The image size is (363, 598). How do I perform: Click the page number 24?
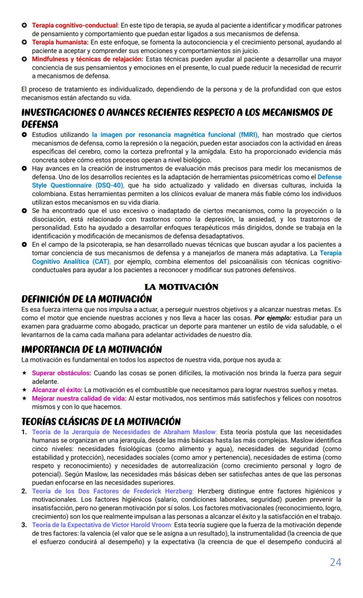(335, 562)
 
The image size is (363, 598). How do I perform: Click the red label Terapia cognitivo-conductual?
(75, 25)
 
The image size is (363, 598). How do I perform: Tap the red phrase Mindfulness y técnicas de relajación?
(87, 59)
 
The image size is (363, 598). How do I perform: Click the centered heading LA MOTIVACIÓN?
(181, 287)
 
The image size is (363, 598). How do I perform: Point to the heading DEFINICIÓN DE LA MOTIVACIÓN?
(86, 299)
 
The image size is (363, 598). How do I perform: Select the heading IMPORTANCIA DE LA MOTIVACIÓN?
(92, 350)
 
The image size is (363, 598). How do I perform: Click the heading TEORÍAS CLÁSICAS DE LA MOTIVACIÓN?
(101, 422)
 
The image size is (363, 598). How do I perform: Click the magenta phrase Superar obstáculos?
(61, 373)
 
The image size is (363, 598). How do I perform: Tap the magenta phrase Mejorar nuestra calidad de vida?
(79, 398)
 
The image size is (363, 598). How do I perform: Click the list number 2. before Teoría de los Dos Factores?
(24, 491)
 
